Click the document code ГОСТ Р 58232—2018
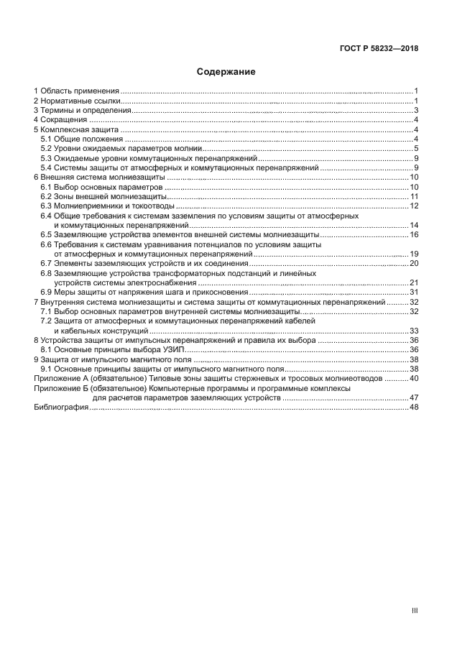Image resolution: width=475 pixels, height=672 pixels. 379,50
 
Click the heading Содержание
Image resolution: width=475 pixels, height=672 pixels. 226,72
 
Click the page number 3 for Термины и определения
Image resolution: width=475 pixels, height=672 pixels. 416,111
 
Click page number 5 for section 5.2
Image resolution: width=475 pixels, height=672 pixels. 416,148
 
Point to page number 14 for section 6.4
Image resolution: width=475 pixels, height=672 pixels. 414,225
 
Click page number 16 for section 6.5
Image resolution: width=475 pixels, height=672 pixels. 414,234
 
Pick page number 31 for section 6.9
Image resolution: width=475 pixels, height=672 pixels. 414,292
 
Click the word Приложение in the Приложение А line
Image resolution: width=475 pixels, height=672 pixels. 57,378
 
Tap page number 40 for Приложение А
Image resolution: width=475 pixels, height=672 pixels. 414,378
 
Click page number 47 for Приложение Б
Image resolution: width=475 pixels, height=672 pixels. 414,397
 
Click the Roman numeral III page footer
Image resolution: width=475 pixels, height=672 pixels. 415,611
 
